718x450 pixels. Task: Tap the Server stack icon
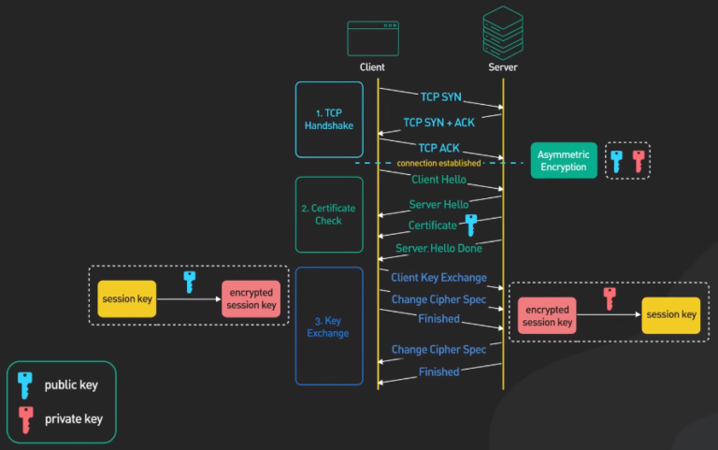(x=502, y=31)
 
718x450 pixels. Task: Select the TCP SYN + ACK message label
(x=438, y=123)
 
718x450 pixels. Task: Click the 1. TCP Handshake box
(x=328, y=120)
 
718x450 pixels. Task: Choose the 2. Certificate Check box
(x=328, y=215)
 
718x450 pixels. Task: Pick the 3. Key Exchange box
(x=328, y=327)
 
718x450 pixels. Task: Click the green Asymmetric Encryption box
(x=563, y=161)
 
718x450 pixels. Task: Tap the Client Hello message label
(x=438, y=179)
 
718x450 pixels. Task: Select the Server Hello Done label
(x=438, y=248)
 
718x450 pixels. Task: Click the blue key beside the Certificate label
(x=470, y=225)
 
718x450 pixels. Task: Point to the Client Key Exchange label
(x=438, y=278)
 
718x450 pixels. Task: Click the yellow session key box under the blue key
(x=127, y=299)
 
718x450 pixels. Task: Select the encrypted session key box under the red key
(x=547, y=316)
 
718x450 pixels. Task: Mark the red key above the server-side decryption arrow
(x=610, y=298)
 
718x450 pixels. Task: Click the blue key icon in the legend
(x=25, y=384)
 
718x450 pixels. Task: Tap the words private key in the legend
(x=74, y=419)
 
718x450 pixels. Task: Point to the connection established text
(x=439, y=164)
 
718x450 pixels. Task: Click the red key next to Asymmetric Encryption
(x=639, y=161)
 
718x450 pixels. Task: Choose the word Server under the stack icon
(x=502, y=67)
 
